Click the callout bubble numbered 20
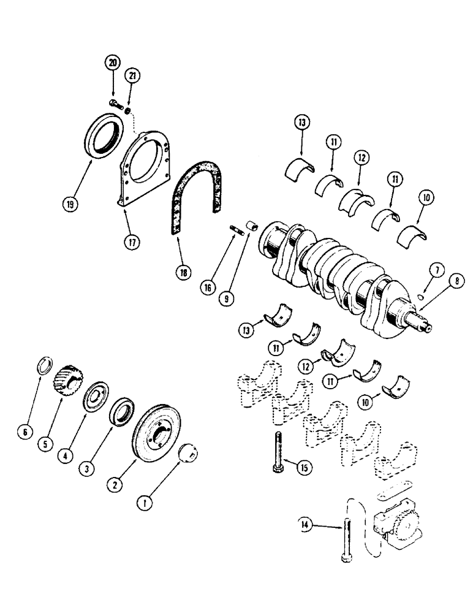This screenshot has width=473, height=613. [112, 63]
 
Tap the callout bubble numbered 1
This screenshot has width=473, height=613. [144, 504]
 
